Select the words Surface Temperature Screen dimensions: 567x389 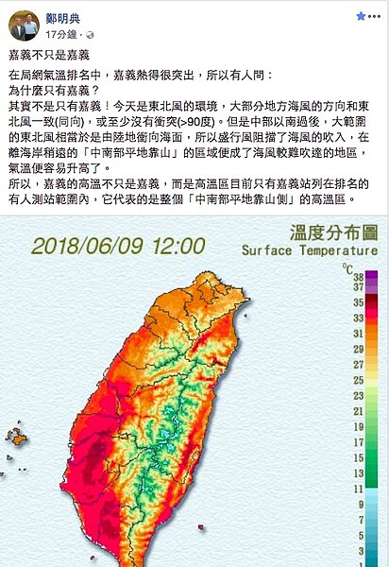pyautogui.click(x=309, y=250)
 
